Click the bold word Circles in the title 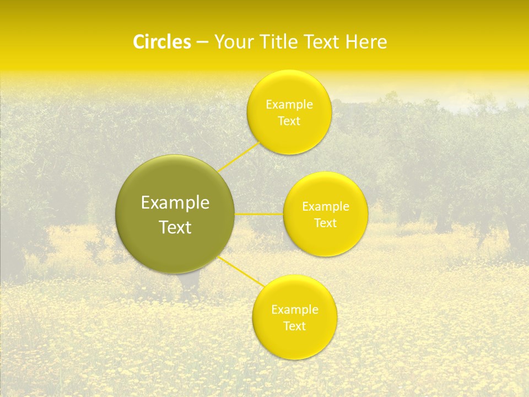point(161,42)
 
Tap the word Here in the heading point(366,42)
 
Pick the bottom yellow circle point(294,345)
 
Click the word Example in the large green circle point(175,203)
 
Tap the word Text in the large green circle point(175,227)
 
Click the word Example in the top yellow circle point(289,105)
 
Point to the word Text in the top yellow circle point(289,121)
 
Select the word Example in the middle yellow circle point(325,207)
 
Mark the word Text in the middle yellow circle point(325,223)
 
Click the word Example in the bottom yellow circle point(294,310)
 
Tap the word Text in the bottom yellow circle point(294,326)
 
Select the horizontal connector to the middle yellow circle point(259,214)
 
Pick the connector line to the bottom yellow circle point(241,271)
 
